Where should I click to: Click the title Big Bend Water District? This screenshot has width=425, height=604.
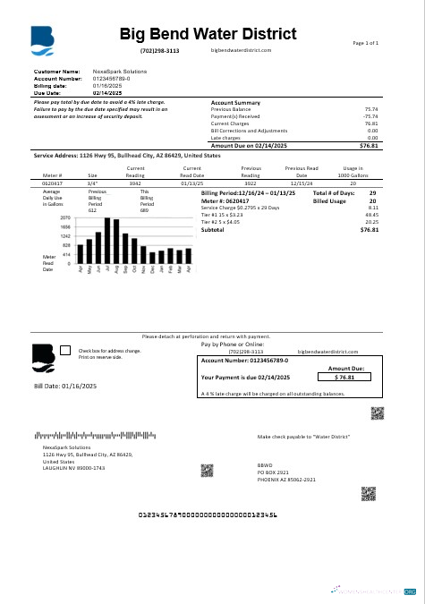208,34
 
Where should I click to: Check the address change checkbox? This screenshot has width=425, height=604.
64,352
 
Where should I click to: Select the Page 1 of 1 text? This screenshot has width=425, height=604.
365,43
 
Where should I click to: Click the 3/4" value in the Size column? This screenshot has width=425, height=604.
92,182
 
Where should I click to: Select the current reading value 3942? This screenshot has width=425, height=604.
136,182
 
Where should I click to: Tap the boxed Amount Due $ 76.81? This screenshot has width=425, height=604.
344,378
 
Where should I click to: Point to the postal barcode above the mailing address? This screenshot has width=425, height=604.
94,436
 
